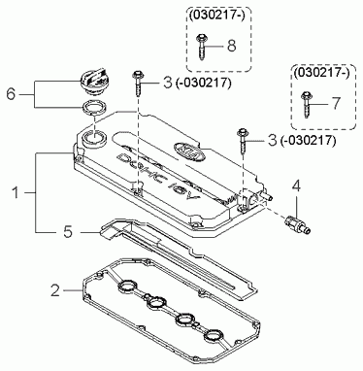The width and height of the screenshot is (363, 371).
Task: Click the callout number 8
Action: (x=232, y=46)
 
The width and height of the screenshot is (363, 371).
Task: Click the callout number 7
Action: (x=336, y=103)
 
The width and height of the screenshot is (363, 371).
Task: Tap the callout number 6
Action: (x=11, y=94)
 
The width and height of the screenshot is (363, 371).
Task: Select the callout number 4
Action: (x=296, y=186)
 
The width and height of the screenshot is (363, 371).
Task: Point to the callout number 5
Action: (x=68, y=232)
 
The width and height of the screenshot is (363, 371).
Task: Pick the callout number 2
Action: (x=55, y=290)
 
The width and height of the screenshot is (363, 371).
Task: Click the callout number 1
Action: (x=16, y=193)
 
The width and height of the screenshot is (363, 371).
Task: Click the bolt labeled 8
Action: (x=200, y=46)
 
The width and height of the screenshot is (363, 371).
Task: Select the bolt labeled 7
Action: (x=306, y=104)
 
